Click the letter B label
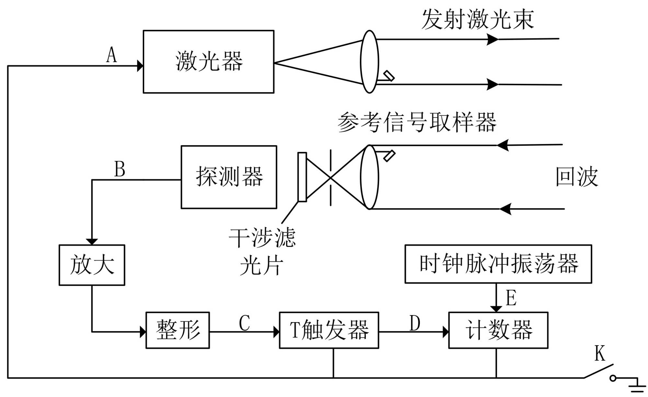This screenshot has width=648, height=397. tap(120, 169)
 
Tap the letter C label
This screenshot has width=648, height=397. tap(245, 323)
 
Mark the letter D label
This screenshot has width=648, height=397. tap(415, 323)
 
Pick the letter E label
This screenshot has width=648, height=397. tap(511, 298)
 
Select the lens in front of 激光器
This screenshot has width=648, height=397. tap(370, 62)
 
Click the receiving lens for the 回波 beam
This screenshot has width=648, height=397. tap(370, 177)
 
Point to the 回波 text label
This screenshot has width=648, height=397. tap(577, 177)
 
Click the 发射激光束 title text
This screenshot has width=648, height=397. tap(478, 19)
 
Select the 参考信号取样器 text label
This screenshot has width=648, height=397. tap(417, 122)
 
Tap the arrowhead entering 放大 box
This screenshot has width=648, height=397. tap(92, 242)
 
